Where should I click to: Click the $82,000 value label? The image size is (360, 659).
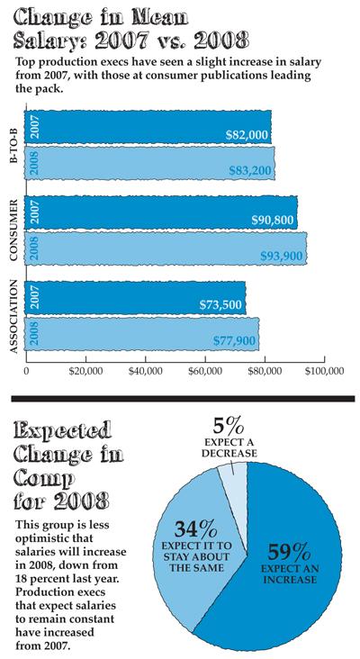[247, 135]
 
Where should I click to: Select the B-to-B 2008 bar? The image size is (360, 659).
[149, 163]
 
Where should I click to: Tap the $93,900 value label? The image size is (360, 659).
[282, 256]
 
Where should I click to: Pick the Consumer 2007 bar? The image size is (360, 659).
[161, 212]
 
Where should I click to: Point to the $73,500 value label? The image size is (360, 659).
[220, 304]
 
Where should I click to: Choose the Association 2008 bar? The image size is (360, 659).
[141, 334]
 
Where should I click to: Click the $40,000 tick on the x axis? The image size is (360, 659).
[146, 371]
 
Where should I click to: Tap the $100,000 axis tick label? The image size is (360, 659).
[324, 371]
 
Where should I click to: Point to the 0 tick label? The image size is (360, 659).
[26, 371]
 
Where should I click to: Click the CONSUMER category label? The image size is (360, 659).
[13, 230]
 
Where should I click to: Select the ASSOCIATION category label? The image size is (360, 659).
[13, 317]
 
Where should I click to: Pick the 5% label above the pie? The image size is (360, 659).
[228, 428]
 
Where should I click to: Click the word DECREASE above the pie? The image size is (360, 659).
[229, 454]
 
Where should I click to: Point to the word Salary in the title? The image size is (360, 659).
[40, 41]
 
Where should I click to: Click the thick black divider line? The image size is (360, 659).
[183, 399]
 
